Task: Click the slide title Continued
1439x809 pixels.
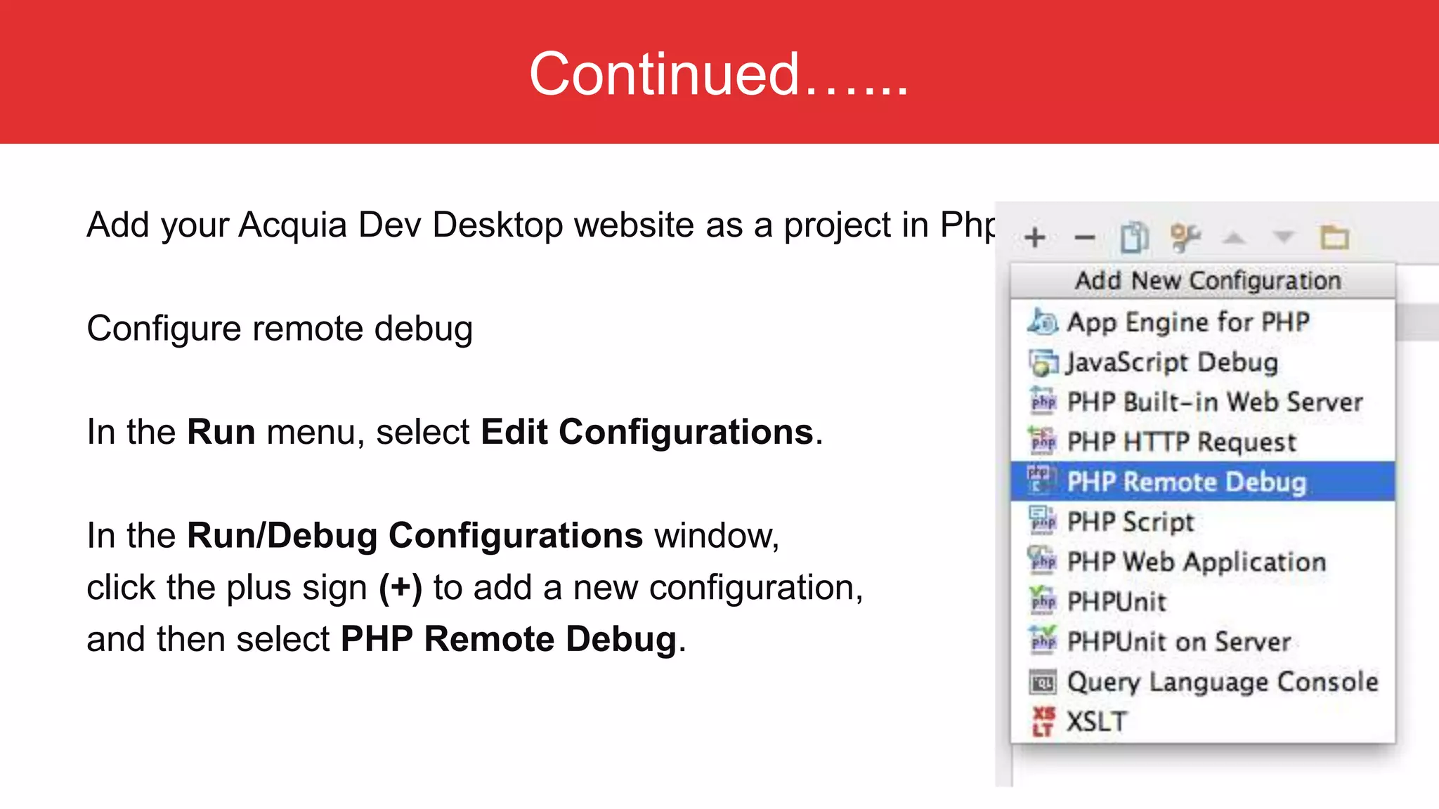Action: pyautogui.click(x=718, y=74)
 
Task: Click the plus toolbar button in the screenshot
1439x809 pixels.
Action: pyautogui.click(x=1034, y=237)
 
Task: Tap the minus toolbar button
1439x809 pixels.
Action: pyautogui.click(x=1084, y=237)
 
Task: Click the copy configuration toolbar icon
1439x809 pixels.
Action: pyautogui.click(x=1134, y=237)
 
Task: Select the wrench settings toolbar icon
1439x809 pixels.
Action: pyautogui.click(x=1185, y=237)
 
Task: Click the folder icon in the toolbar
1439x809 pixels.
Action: pyautogui.click(x=1334, y=237)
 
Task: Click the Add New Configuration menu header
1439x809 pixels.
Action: pyautogui.click(x=1207, y=281)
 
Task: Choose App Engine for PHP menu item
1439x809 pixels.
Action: pyautogui.click(x=1187, y=322)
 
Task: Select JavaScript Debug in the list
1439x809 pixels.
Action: pyautogui.click(x=1171, y=362)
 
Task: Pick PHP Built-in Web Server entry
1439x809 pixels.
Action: pyautogui.click(x=1214, y=402)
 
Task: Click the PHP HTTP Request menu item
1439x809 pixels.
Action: pyautogui.click(x=1181, y=442)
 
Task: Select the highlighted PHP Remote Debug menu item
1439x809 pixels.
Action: pyautogui.click(x=1186, y=482)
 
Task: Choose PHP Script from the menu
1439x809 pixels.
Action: pyautogui.click(x=1130, y=522)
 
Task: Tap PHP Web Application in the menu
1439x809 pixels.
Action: pyautogui.click(x=1196, y=562)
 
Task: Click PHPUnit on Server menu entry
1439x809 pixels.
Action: pyautogui.click(x=1178, y=642)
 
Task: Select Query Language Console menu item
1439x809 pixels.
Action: pyautogui.click(x=1222, y=682)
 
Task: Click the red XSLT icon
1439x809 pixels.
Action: pyautogui.click(x=1043, y=722)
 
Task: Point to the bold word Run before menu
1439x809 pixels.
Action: pyautogui.click(x=221, y=432)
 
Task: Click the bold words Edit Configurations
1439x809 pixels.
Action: pyautogui.click(x=646, y=432)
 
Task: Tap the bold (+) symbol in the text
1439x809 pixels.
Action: pyautogui.click(x=401, y=588)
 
